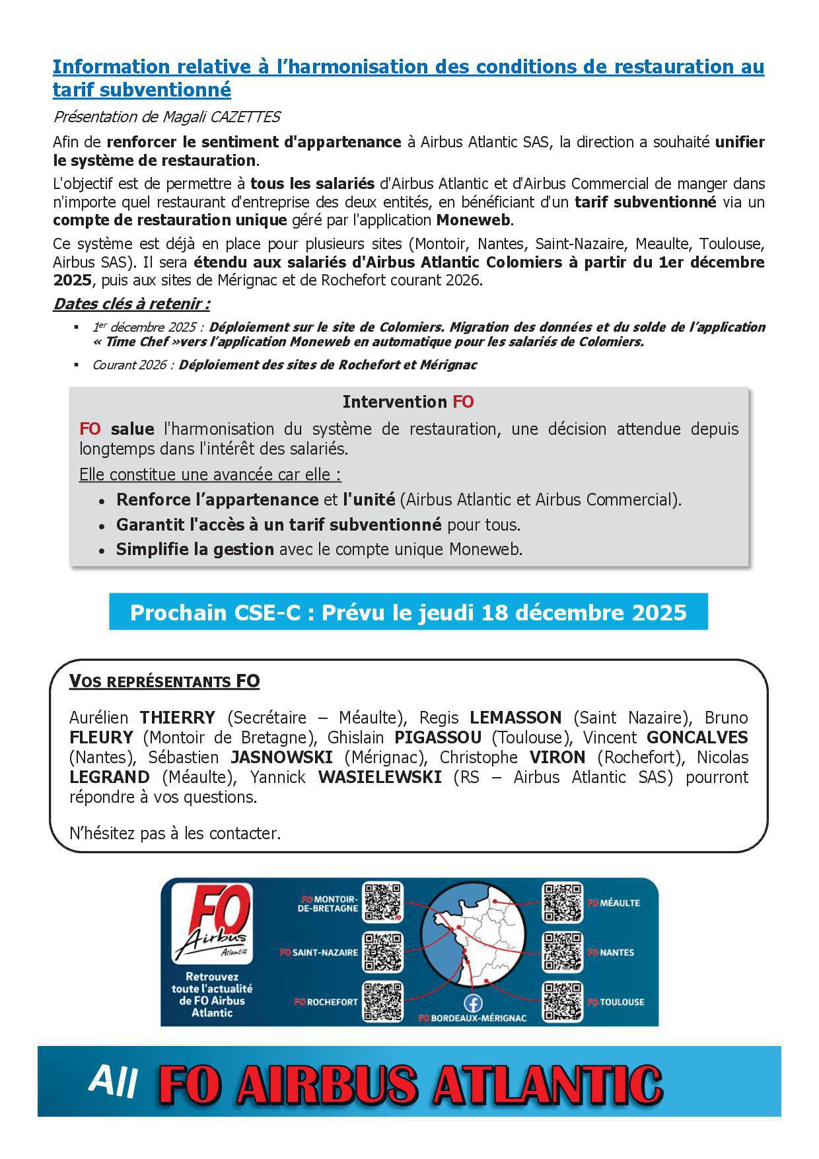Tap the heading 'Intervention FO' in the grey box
[408, 402]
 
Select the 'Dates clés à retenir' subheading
[131, 304]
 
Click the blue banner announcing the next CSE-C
[408, 612]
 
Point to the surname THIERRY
[177, 718]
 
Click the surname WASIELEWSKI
[380, 777]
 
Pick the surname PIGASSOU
[438, 737]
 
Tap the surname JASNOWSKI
[281, 757]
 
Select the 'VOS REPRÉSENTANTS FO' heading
[164, 681]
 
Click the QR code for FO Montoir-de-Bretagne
[383, 902]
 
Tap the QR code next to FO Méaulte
[563, 902]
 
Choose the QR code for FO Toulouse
[563, 1002]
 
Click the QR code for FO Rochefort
[383, 1002]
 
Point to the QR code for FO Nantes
[563, 952]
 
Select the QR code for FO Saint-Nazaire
[383, 952]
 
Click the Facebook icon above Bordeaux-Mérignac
[473, 1003]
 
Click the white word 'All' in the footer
[114, 1082]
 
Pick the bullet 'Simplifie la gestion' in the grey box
[195, 549]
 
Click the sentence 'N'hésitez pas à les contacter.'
[175, 833]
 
